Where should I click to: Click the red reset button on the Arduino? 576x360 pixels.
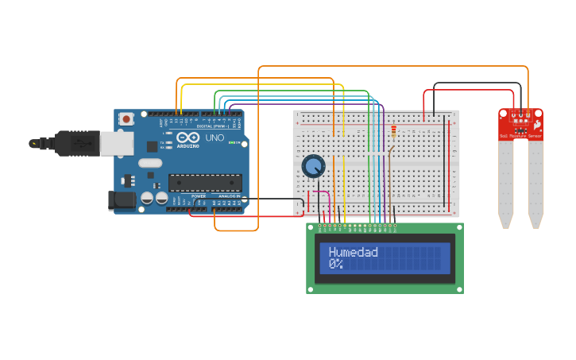pos(126,118)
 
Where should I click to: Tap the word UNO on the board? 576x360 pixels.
pos(214,138)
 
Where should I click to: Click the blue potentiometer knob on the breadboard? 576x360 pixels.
pos(313,166)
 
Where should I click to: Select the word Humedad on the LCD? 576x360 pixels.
pos(353,252)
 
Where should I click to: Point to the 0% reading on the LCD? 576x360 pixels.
pos(336,264)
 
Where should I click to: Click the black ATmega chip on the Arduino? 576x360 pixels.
pos(204,182)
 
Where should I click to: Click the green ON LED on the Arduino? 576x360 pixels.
pos(230,142)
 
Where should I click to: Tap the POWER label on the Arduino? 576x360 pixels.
pos(198,195)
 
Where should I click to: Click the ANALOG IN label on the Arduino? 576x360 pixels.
pos(230,195)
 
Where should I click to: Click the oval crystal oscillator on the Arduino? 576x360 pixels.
pos(149,163)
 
